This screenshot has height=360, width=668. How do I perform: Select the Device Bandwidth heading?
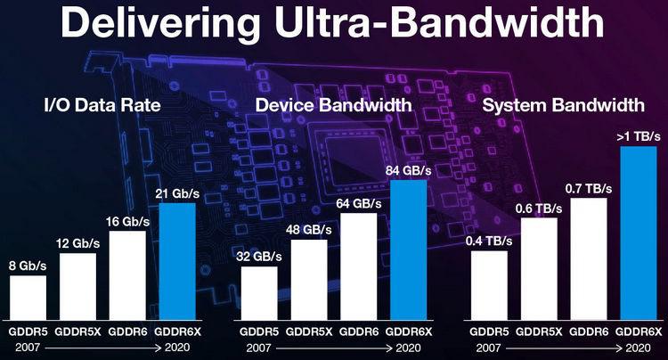click(x=333, y=105)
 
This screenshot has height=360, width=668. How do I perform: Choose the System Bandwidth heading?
click(x=562, y=105)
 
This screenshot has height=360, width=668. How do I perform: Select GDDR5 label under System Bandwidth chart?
click(x=489, y=331)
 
